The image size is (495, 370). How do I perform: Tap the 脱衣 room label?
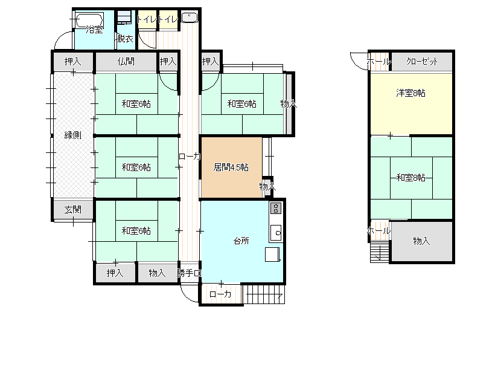pyautogui.click(x=125, y=39)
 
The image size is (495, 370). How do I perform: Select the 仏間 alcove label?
pyautogui.click(x=126, y=61)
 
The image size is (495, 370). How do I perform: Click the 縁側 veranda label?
pyautogui.click(x=73, y=135)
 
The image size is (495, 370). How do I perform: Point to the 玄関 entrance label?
pyautogui.click(x=73, y=209)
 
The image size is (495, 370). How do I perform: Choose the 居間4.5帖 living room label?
pyautogui.click(x=231, y=167)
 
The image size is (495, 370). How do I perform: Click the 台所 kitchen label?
pyautogui.click(x=241, y=241)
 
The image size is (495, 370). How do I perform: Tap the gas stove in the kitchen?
pyautogui.click(x=276, y=209)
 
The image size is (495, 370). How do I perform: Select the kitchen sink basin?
pyautogui.click(x=276, y=233)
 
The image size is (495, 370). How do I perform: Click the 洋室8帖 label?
pyautogui.click(x=410, y=93)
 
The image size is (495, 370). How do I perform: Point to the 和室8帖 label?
pyautogui.click(x=410, y=178)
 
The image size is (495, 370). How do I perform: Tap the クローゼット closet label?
pyautogui.click(x=422, y=61)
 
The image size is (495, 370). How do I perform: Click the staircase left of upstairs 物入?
pyautogui.click(x=380, y=252)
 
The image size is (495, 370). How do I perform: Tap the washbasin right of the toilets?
pyautogui.click(x=190, y=17)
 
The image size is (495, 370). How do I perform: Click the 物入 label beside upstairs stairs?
pyautogui.click(x=421, y=241)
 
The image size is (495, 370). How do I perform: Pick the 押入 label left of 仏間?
pyautogui.click(x=73, y=61)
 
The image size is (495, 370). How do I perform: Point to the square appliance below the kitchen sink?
pyautogui.click(x=272, y=255)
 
